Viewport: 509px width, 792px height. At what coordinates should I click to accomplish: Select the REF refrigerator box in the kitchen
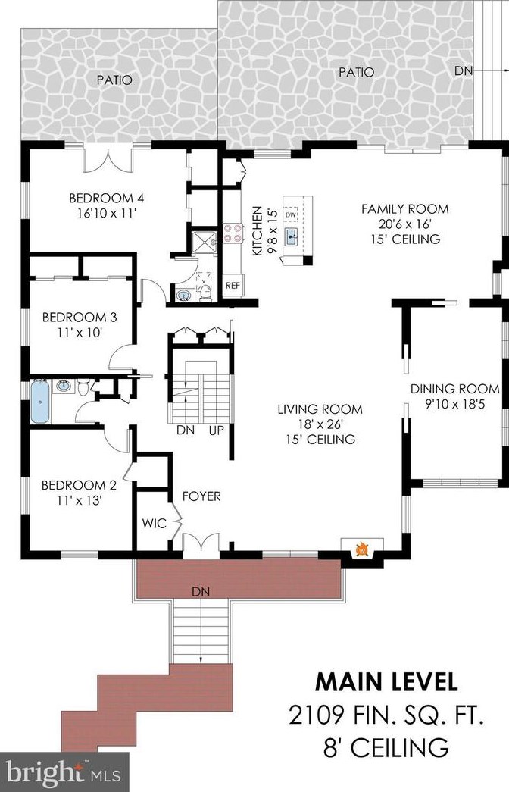point(233,286)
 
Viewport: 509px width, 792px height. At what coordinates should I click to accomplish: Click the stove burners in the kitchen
point(232,235)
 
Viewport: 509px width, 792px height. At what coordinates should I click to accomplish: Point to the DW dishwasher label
point(292,215)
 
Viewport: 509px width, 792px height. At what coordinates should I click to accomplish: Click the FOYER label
point(201,496)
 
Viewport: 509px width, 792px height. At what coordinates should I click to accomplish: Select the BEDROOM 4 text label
point(106,199)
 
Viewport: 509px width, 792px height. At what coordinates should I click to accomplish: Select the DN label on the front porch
point(201,591)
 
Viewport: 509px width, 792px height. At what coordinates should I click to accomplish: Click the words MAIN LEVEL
point(386,681)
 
